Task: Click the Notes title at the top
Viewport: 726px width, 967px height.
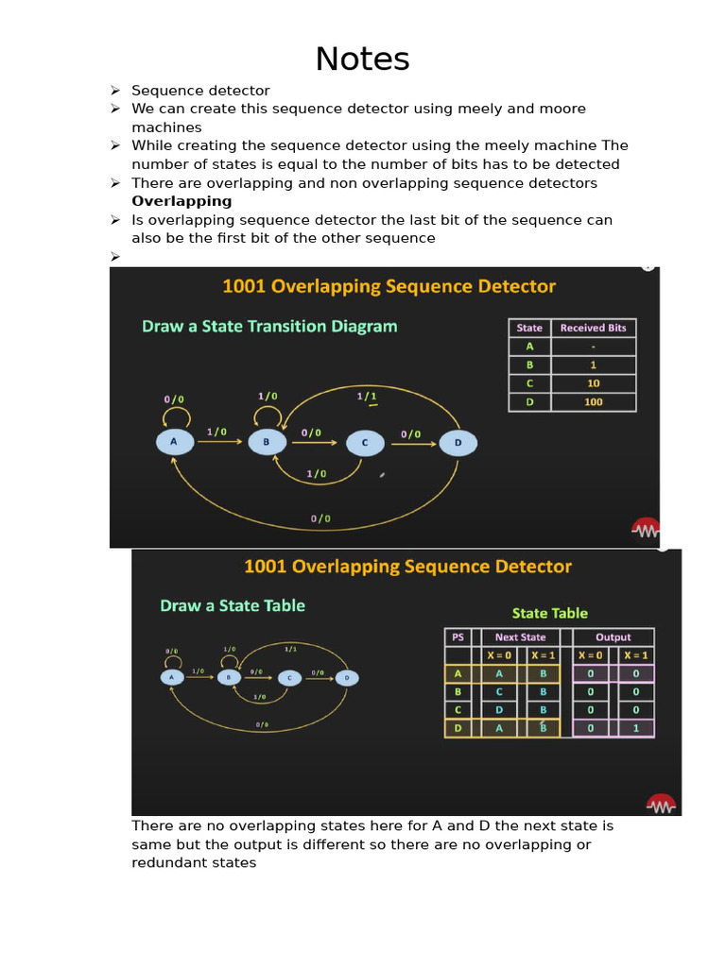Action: pyautogui.click(x=362, y=59)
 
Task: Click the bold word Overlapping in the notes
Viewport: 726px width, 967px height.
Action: pyautogui.click(x=181, y=201)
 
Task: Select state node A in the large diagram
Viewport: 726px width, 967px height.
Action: pyautogui.click(x=173, y=441)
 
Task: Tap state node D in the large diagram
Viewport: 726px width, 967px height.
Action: pyautogui.click(x=458, y=442)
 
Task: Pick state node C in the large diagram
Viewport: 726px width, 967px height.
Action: pyautogui.click(x=364, y=442)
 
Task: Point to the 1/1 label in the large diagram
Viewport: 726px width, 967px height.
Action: pyautogui.click(x=367, y=396)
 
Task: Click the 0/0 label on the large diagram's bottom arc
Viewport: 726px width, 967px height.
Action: pyautogui.click(x=320, y=517)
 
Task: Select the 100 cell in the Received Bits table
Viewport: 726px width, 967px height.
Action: pyautogui.click(x=593, y=402)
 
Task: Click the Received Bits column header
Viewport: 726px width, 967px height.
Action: pyautogui.click(x=593, y=328)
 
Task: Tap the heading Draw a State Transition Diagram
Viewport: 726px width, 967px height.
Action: pyautogui.click(x=269, y=327)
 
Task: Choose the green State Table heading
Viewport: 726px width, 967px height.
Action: pyautogui.click(x=549, y=613)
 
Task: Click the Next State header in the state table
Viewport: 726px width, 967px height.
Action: pyautogui.click(x=520, y=637)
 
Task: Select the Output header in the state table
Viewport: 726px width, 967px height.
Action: pyautogui.click(x=613, y=637)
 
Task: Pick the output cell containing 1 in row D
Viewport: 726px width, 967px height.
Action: pyautogui.click(x=635, y=728)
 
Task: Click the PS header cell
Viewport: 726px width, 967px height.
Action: pyautogui.click(x=458, y=637)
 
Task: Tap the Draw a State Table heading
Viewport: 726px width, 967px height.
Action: pyautogui.click(x=233, y=605)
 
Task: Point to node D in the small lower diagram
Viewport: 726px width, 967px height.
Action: pyautogui.click(x=347, y=677)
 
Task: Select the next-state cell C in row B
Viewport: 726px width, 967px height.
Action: pyautogui.click(x=499, y=691)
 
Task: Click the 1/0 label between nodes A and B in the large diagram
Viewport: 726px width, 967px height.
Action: pyautogui.click(x=216, y=432)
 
